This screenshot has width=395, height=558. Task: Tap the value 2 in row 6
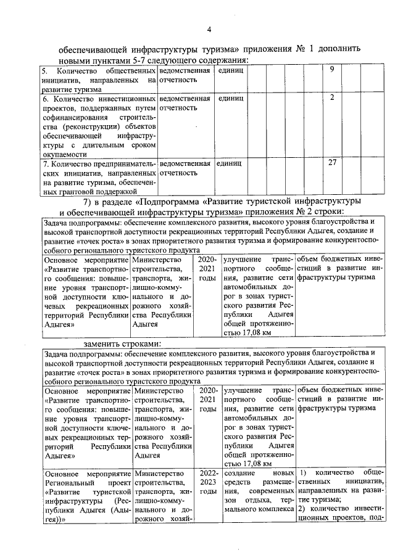tap(332, 97)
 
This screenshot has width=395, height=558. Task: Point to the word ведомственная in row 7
tap(185, 163)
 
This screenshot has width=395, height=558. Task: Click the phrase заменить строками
tap(123, 343)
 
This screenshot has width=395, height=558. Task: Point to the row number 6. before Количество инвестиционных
tap(46, 98)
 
